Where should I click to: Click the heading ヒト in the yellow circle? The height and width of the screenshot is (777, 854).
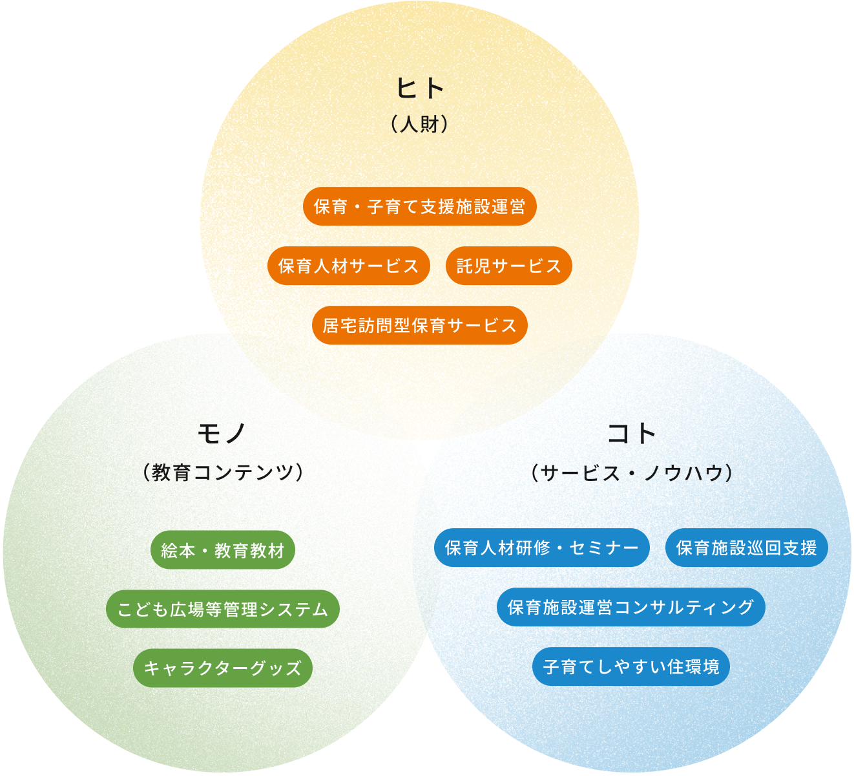(420, 88)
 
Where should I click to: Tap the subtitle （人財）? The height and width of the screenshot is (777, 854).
(420, 124)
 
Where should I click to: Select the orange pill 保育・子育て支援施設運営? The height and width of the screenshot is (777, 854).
(420, 206)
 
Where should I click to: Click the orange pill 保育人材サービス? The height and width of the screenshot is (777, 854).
(349, 266)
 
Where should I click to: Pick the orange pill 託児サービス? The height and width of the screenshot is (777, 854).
(509, 266)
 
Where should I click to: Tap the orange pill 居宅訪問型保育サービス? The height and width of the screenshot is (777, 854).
(420, 325)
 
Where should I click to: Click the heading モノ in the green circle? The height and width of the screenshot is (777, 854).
(222, 434)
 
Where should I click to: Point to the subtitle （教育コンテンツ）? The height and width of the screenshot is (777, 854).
(223, 473)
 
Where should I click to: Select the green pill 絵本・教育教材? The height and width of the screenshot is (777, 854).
(223, 549)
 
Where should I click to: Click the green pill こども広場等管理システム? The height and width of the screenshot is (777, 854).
(223, 609)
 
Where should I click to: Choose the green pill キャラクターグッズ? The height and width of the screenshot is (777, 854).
(223, 668)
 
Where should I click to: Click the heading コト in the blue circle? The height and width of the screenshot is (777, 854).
(631, 434)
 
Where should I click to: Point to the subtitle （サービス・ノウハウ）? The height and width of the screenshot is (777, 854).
(632, 473)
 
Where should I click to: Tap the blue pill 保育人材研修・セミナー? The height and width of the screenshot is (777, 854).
(542, 548)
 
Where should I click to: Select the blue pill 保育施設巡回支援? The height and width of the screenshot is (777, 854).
(747, 548)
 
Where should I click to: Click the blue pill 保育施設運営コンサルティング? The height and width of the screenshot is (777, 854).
(631, 607)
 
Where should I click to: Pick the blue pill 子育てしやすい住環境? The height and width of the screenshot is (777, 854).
(631, 666)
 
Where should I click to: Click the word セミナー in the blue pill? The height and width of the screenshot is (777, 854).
(604, 548)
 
